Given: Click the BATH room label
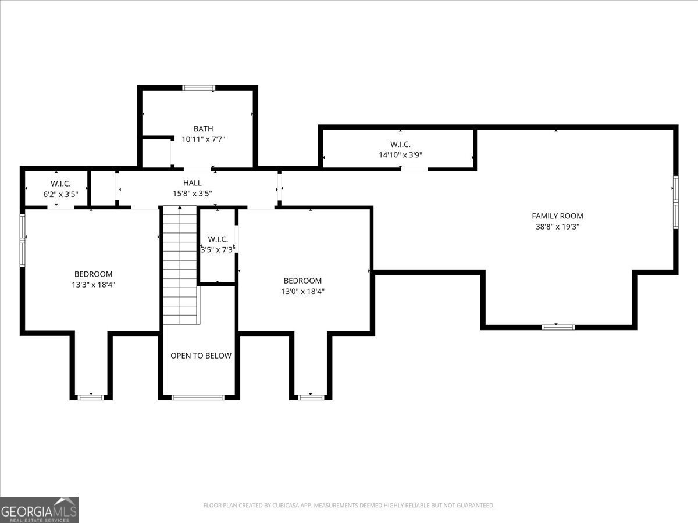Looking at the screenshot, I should pyautogui.click(x=204, y=128).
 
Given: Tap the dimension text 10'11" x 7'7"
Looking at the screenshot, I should pyautogui.click(x=204, y=139).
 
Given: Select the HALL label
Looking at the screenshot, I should pyautogui.click(x=193, y=183).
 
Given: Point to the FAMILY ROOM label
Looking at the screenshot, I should pyautogui.click(x=557, y=216).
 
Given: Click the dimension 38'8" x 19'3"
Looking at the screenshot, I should pyautogui.click(x=557, y=227).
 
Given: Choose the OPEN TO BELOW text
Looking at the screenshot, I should pyautogui.click(x=201, y=356).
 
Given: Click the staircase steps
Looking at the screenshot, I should pyautogui.click(x=180, y=264).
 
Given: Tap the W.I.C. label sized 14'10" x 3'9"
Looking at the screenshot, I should pyautogui.click(x=400, y=144).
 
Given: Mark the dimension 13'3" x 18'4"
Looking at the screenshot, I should pyautogui.click(x=93, y=285).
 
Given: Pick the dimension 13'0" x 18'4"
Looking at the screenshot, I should pyautogui.click(x=302, y=292).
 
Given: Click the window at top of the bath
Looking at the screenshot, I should pyautogui.click(x=198, y=88).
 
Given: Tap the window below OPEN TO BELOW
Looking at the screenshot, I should pyautogui.click(x=198, y=397).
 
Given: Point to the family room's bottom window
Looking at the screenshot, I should pyautogui.click(x=558, y=327).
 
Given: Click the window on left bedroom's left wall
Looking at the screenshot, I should pyautogui.click(x=23, y=240).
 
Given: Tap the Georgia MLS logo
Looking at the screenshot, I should pyautogui.click(x=39, y=510).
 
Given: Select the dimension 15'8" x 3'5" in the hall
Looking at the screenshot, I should pyautogui.click(x=193, y=194).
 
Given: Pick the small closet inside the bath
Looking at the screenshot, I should pyautogui.click(x=156, y=153).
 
